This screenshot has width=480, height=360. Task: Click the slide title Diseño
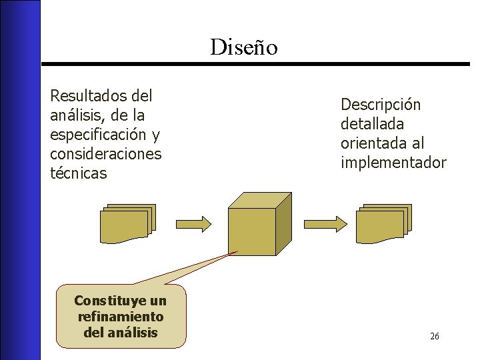243,47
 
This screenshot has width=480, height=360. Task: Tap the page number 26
434,336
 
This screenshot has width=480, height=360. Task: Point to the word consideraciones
106,154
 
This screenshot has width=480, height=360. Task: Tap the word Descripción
381,105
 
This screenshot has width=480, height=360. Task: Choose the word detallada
372,124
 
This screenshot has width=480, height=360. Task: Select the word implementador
393,163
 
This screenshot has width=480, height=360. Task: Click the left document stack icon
127,223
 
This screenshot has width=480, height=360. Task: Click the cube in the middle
251,231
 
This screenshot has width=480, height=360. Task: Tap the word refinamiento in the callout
121,317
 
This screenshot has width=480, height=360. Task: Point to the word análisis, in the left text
75,115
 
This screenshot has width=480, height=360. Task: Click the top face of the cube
260,200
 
